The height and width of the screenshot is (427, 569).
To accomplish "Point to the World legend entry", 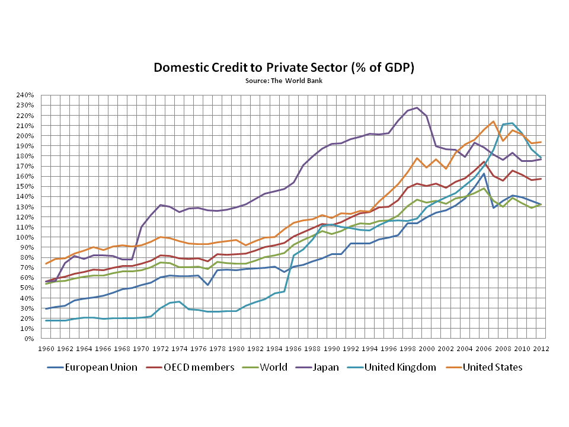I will point(274,367).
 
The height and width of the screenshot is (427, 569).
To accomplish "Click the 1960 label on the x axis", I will point(46,349).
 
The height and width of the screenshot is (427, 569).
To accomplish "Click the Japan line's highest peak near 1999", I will point(417,108).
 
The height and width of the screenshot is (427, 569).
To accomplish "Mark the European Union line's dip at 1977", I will point(207,285).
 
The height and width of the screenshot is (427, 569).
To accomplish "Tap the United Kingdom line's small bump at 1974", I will point(180,302).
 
